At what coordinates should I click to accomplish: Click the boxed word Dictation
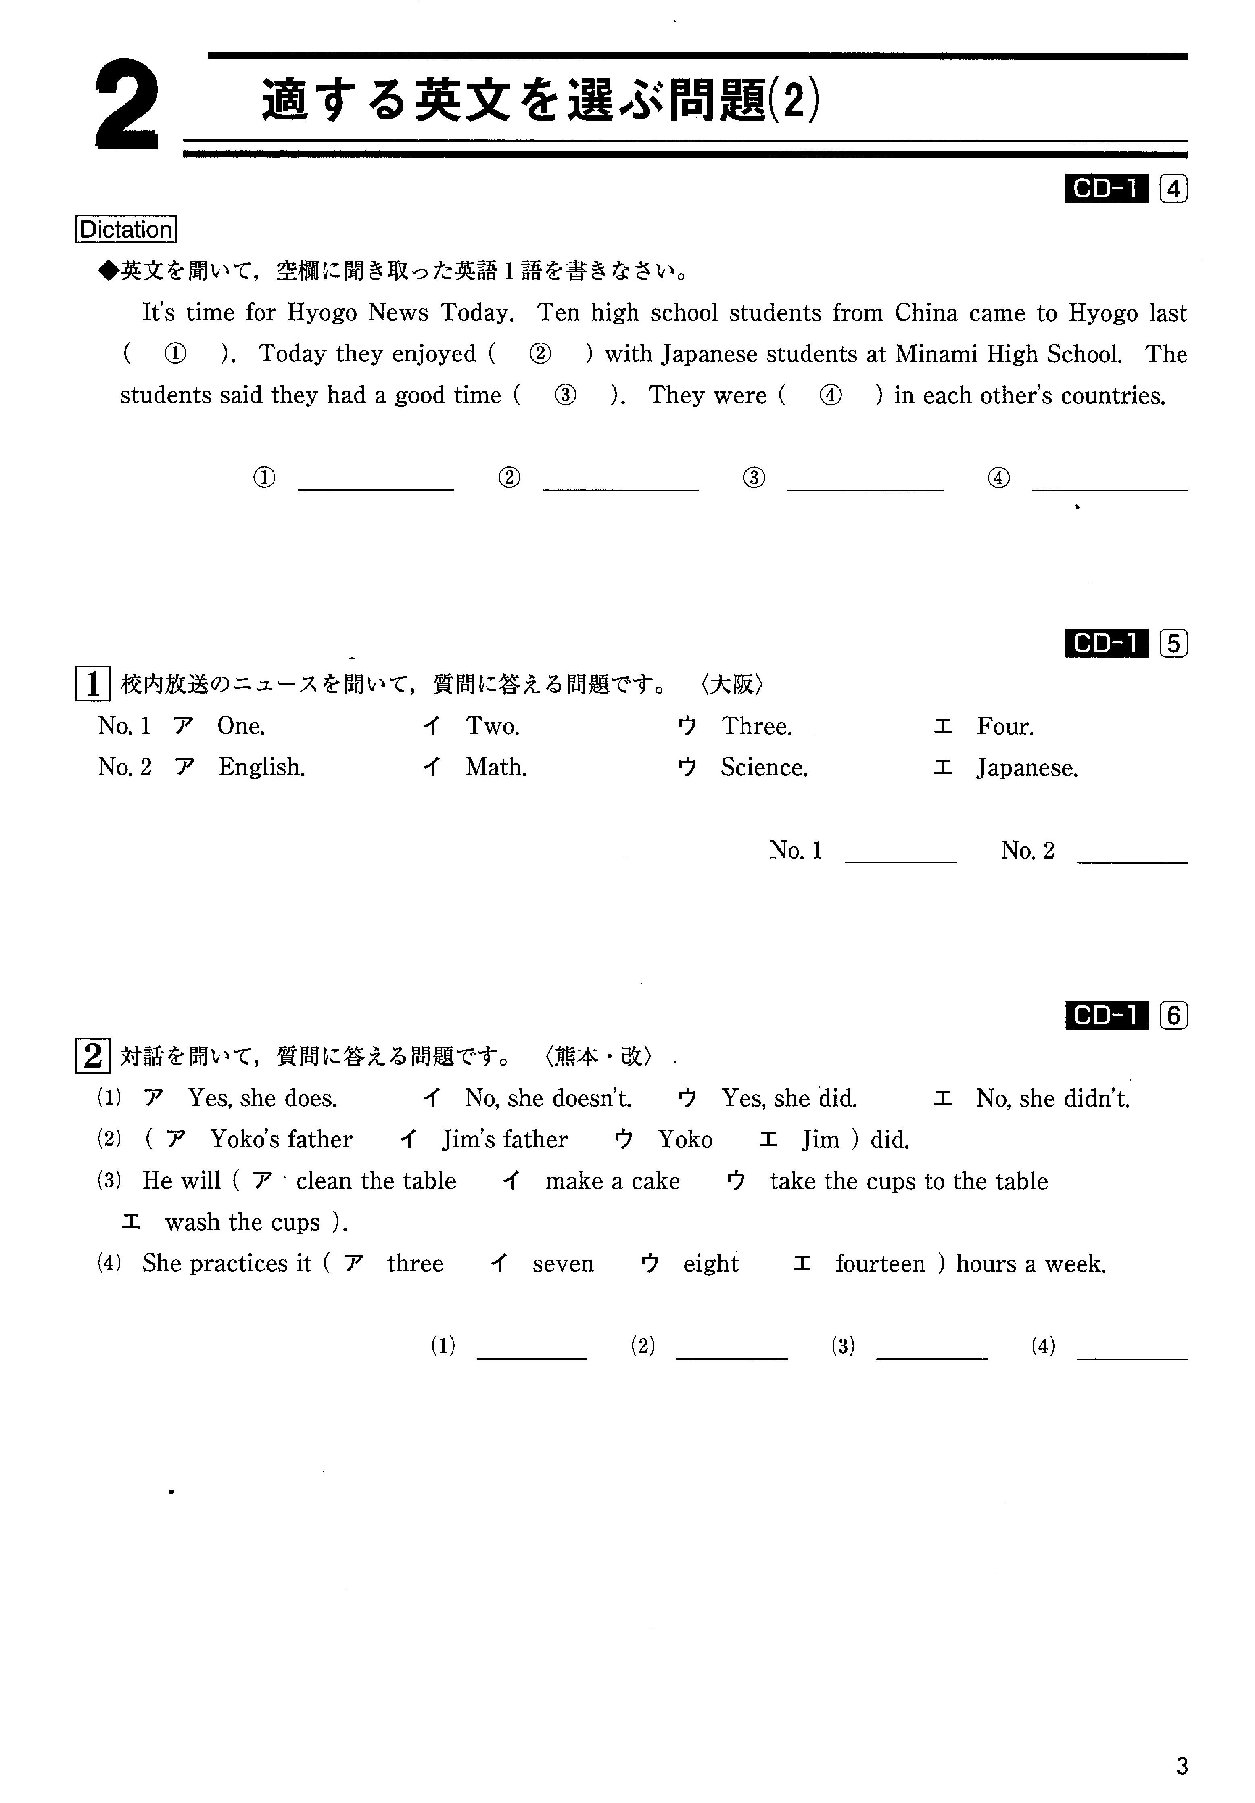[x=125, y=229]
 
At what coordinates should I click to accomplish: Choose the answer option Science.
[x=763, y=767]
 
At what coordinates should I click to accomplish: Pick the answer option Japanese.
[x=1026, y=767]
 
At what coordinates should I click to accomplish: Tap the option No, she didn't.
[x=1052, y=1098]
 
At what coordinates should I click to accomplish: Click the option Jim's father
[x=504, y=1139]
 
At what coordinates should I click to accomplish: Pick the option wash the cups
[x=243, y=1223]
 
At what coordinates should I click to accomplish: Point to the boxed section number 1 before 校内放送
[x=93, y=684]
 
